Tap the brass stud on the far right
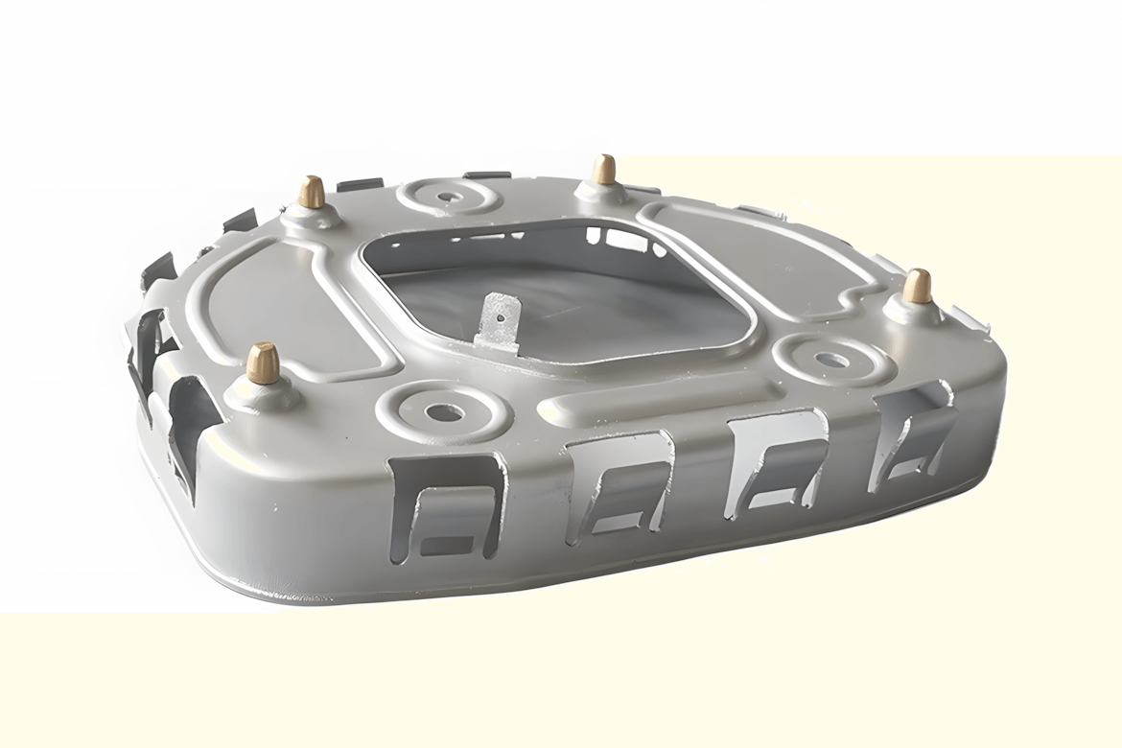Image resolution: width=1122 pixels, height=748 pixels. [x=917, y=286]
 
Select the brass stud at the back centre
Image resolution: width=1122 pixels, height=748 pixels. [x=603, y=170]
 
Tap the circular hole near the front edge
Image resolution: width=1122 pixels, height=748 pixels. [x=444, y=413]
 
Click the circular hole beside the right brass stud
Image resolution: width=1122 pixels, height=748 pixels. [x=831, y=361]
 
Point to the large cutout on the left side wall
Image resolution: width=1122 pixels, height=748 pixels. [x=187, y=422]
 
